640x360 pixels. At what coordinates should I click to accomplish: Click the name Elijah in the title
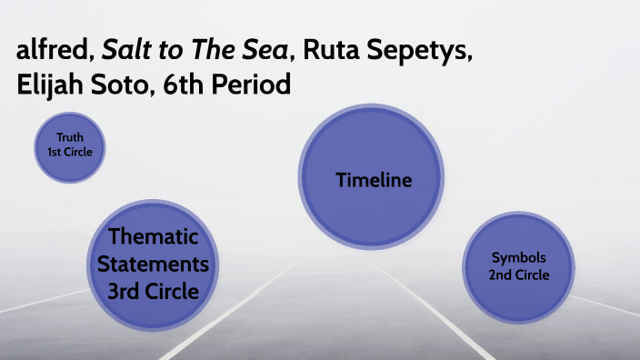[49, 85]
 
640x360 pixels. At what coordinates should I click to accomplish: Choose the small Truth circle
[70, 145]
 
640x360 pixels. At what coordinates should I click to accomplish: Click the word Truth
[70, 138]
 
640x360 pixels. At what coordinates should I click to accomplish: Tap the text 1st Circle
[70, 153]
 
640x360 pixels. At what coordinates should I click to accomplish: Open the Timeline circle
[374, 180]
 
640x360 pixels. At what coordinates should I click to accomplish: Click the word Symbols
[519, 257]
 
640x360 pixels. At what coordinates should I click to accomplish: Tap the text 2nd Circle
[519, 275]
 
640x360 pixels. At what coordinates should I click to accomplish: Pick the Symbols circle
[519, 265]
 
